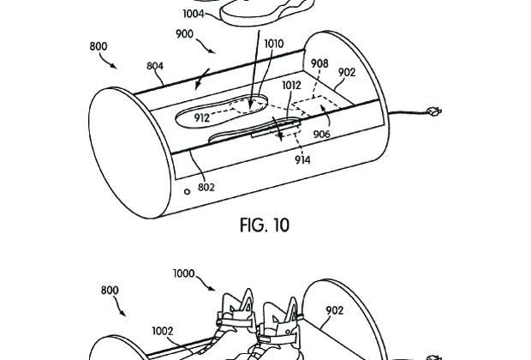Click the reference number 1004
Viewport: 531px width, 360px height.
pos(194,14)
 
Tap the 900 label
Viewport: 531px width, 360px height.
pos(184,34)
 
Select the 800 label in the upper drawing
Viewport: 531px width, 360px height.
pos(98,46)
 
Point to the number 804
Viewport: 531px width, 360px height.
pos(155,65)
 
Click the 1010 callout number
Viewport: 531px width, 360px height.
pos(274,44)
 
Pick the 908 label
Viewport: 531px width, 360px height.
pos(319,63)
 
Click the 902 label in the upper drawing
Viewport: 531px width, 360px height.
pos(347,72)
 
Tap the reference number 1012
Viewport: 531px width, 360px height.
pos(291,86)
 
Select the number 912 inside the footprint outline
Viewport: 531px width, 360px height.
pos(202,118)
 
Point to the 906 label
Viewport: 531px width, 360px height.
pos(321,135)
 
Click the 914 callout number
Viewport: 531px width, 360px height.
pos(302,159)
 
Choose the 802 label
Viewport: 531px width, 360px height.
pos(206,187)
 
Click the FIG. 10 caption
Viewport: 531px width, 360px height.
pos(265,225)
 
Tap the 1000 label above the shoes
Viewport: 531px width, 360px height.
pos(184,273)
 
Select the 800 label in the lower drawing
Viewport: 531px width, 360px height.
pos(110,291)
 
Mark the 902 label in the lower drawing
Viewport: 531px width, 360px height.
pos(335,310)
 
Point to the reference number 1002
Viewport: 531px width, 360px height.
pos(163,331)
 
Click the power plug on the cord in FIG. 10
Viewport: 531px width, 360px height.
pos(434,111)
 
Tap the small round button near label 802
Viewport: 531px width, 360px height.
pos(187,192)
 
